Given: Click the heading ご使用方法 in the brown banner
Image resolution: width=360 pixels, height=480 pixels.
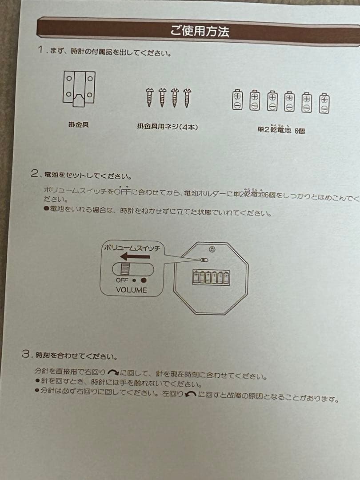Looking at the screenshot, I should click(200, 31).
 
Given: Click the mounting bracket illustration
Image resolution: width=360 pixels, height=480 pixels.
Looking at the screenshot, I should click(79, 88).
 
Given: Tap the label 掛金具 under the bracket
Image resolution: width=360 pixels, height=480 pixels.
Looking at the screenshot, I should click(78, 125).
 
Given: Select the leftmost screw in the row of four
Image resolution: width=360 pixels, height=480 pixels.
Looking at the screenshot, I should click(150, 97).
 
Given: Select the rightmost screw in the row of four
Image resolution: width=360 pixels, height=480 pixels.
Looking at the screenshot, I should click(187, 97).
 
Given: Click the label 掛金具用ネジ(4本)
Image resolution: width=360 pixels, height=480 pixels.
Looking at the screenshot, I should click(167, 127).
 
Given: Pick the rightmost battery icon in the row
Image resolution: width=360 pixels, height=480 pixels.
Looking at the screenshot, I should click(324, 103).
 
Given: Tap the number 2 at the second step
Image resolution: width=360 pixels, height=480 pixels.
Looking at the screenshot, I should click(35, 174).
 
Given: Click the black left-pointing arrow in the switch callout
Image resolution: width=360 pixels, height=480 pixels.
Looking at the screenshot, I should click(135, 256).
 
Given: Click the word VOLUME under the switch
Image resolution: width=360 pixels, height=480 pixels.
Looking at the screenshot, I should click(131, 290).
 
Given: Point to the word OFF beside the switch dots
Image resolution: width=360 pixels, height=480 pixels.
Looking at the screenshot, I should click(122, 280).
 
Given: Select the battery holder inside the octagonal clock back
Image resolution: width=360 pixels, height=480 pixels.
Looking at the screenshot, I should click(211, 277).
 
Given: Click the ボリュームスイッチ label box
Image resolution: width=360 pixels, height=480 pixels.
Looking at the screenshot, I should click(132, 248).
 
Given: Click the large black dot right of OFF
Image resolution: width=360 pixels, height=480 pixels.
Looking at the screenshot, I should click(143, 280).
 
